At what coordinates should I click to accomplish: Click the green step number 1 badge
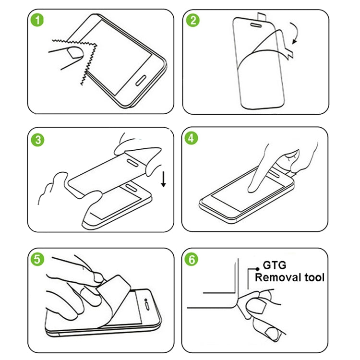pos(37,21)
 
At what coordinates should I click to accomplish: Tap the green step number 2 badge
pos(193,21)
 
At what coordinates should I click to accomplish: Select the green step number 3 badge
pos(37,140)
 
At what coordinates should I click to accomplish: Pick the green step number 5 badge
pos(37,260)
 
